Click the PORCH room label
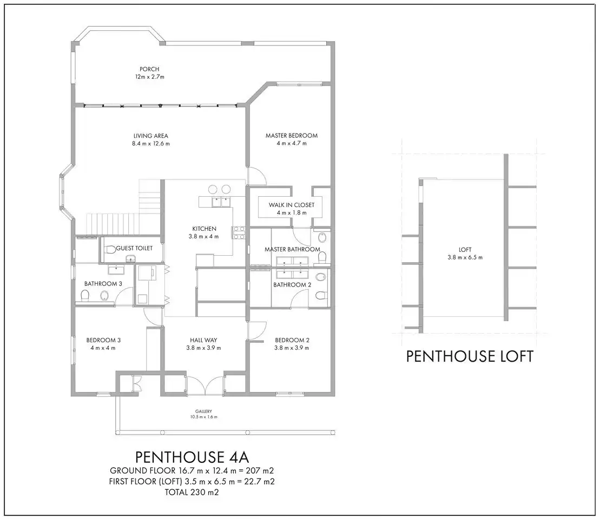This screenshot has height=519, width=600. (x=149, y=69)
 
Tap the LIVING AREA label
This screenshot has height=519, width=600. (x=151, y=136)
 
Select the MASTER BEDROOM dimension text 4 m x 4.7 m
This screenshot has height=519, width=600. (x=292, y=143)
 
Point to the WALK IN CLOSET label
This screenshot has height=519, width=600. (x=292, y=205)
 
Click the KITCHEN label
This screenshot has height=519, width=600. (x=204, y=229)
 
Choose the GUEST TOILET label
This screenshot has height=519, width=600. (x=134, y=248)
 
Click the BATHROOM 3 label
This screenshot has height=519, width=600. (x=103, y=284)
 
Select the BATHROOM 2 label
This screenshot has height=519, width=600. (x=292, y=285)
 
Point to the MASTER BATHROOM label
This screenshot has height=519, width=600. (x=292, y=249)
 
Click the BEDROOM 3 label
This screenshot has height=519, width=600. (x=103, y=340)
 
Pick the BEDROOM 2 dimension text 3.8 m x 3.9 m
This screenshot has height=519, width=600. (x=292, y=348)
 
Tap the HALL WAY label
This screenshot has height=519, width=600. (x=203, y=340)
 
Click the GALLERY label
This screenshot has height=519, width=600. (x=203, y=411)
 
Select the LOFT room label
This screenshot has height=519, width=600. (x=465, y=250)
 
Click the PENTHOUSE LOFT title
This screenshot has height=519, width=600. (x=470, y=356)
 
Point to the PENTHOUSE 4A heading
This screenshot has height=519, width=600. (x=192, y=457)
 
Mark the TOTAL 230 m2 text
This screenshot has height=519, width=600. (x=192, y=492)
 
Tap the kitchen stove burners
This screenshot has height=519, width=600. (x=238, y=232)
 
